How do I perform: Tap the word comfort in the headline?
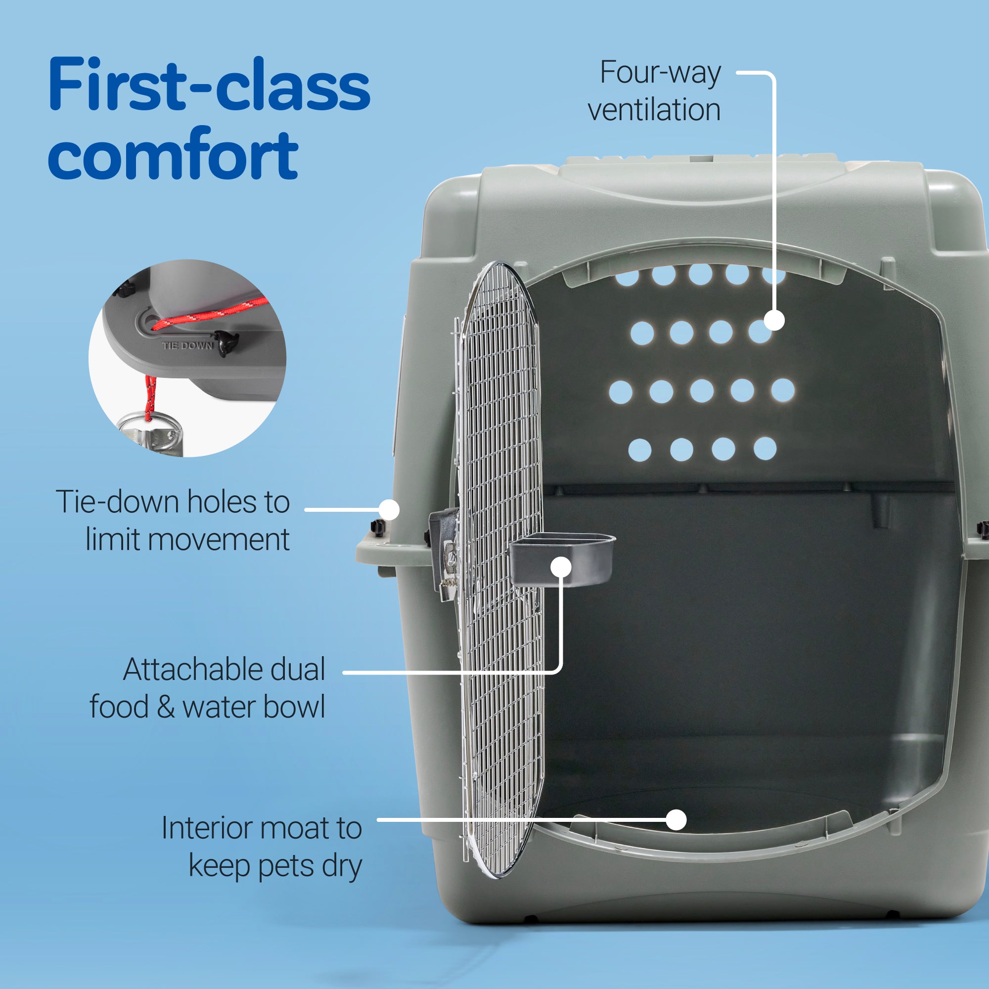tap(173, 155)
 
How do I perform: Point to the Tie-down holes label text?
tap(173, 520)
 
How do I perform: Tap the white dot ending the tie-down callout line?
tap(389, 509)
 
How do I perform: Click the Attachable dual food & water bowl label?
tap(207, 688)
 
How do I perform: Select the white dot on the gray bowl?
tap(561, 567)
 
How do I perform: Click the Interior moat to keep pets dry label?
tap(262, 847)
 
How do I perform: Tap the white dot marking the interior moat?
tap(676, 819)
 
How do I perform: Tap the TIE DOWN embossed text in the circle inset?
tap(187, 346)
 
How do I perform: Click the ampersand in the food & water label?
tap(166, 707)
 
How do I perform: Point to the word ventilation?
tap(654, 110)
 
